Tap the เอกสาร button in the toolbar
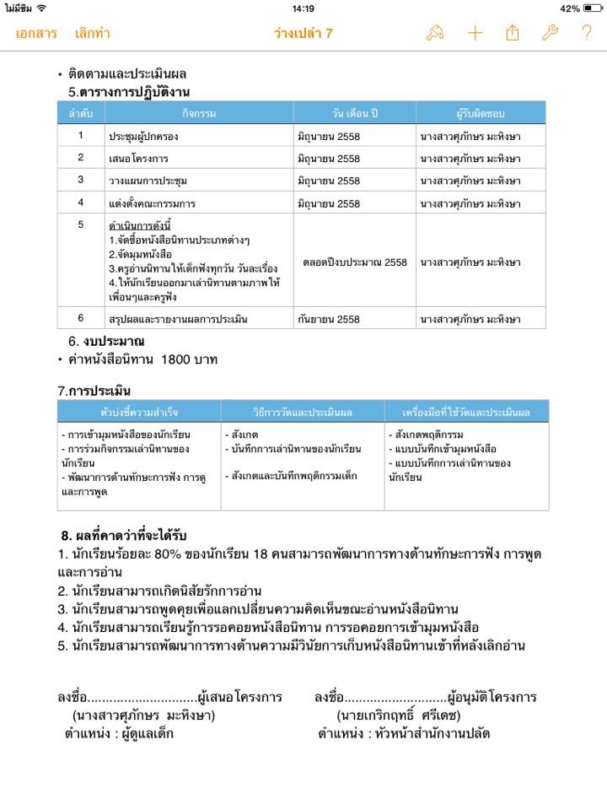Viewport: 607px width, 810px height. click(36, 34)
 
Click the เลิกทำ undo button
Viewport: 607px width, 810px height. click(92, 34)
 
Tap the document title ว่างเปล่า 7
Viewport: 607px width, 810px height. click(303, 34)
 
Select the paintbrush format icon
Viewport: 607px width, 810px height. click(435, 34)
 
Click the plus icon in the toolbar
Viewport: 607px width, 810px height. click(475, 34)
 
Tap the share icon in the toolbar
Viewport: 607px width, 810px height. click(513, 34)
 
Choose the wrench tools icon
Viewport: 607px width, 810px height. click(550, 34)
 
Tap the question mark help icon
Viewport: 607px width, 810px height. click(587, 34)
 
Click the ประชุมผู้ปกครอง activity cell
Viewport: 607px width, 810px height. click(143, 136)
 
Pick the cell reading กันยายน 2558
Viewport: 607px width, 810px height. click(329, 320)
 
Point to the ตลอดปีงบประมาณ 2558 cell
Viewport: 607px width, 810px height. click(354, 262)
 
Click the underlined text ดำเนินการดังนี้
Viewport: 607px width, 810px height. click(140, 226)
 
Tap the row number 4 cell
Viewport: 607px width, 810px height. click(81, 202)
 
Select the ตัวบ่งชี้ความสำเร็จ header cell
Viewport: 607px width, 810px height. click(139, 412)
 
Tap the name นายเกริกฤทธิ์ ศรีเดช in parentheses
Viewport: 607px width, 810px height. click(397, 715)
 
